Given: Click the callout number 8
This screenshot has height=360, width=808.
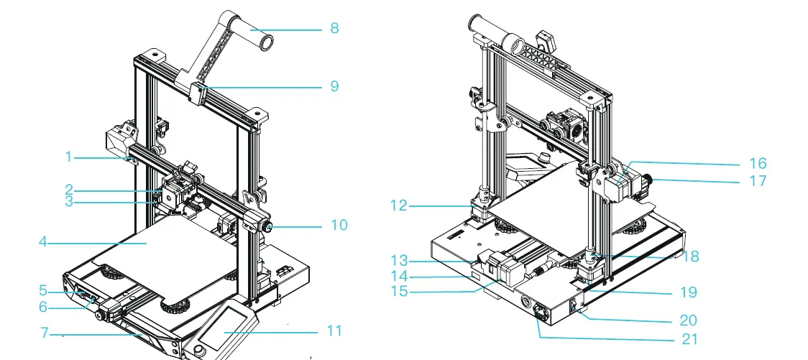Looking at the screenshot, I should click(x=334, y=28).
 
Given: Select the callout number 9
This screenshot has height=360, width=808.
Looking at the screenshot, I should click(x=334, y=86).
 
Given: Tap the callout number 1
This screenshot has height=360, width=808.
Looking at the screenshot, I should click(x=68, y=156).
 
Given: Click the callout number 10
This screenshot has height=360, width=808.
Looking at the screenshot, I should click(x=338, y=225).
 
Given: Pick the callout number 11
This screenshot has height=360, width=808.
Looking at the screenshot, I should click(x=334, y=331).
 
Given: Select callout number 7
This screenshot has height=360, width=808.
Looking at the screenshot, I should click(x=45, y=333).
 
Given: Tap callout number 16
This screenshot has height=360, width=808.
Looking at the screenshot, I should click(x=758, y=163).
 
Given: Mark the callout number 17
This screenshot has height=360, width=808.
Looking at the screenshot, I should click(x=758, y=181).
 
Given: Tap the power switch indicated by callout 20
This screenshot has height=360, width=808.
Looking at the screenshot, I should click(x=574, y=307).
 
